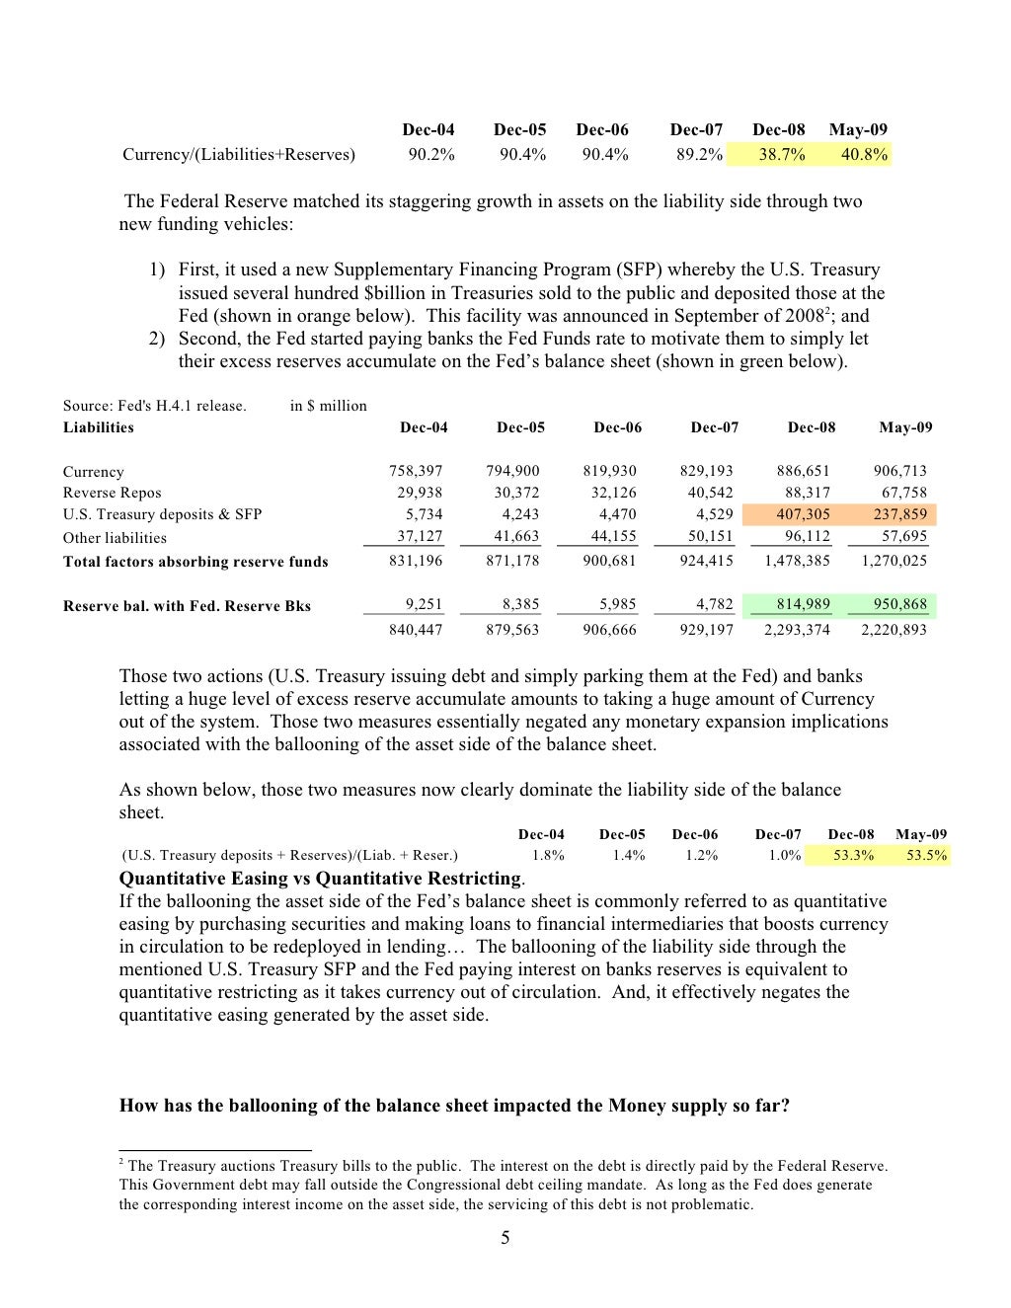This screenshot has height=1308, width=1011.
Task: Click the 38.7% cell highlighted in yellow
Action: [781, 154]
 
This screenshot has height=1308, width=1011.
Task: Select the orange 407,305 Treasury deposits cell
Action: [803, 514]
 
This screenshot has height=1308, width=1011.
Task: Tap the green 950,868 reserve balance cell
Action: [899, 604]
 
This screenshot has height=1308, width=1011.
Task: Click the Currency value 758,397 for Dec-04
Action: [416, 471]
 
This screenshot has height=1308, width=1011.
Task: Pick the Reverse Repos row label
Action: [112, 493]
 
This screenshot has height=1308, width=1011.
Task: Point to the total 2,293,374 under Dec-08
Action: [797, 630]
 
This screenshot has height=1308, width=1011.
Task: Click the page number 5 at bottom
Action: [505, 1238]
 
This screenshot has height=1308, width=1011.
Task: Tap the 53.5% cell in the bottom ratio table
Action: [926, 855]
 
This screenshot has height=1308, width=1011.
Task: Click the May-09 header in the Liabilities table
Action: [905, 427]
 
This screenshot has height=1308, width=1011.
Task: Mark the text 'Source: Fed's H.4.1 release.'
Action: [155, 406]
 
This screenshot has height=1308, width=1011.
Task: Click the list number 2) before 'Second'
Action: [157, 339]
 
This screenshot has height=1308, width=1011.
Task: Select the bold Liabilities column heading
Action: [98, 427]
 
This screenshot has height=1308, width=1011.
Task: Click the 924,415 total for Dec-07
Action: [706, 561]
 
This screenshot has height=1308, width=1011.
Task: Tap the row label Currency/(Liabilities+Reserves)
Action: [238, 154]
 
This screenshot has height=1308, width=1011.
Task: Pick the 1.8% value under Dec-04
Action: [548, 855]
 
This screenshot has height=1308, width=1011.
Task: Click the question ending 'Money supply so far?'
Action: [454, 1106]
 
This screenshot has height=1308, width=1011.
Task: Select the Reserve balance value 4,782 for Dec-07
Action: [714, 604]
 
